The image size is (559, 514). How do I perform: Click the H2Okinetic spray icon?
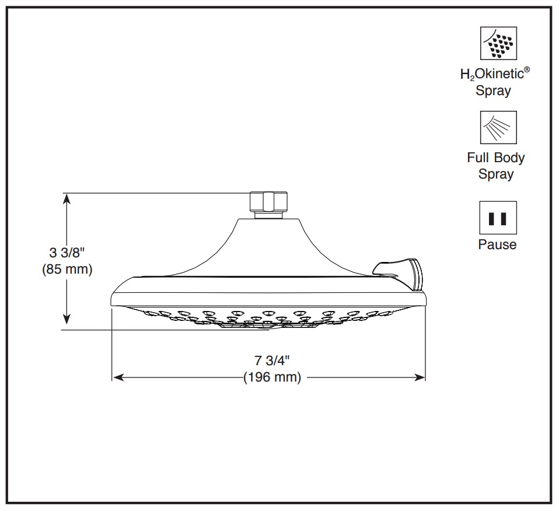tap(498, 43)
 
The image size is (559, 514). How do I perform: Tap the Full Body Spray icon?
tap(498, 127)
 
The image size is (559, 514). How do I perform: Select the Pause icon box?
tap(498, 218)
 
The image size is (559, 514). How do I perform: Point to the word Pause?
tap(497, 244)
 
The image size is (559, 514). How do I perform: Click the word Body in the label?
tap(509, 158)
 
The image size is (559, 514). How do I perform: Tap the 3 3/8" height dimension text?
tap(67, 253)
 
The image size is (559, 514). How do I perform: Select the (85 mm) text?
tap(67, 269)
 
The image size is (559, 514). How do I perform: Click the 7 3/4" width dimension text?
tap(272, 361)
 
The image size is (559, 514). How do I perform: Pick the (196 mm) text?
tap(272, 377)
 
